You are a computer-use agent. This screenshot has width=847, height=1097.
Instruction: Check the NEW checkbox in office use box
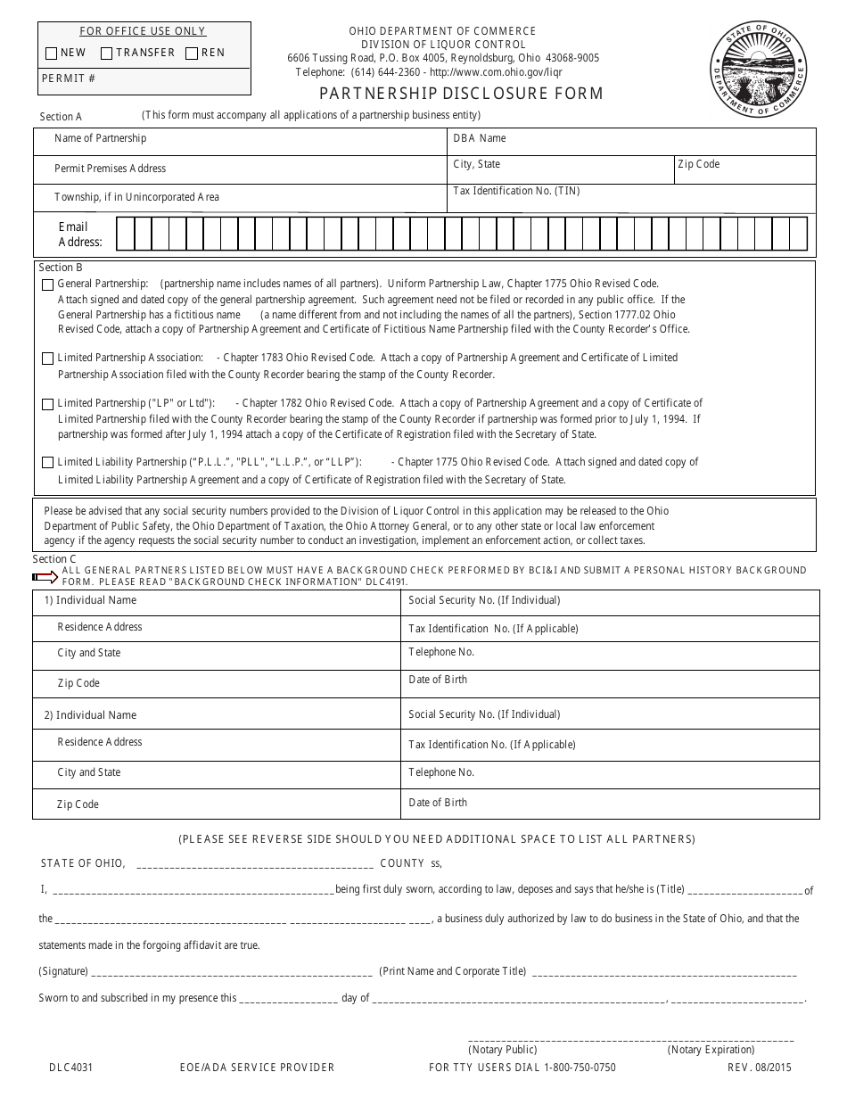coord(52,54)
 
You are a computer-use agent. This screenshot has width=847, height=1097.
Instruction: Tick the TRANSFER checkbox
coord(106,54)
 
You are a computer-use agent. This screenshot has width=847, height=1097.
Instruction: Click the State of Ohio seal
coord(758,68)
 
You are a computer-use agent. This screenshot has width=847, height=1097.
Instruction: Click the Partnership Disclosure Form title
coord(461,94)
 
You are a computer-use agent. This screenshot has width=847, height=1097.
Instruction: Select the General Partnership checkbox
coord(47,285)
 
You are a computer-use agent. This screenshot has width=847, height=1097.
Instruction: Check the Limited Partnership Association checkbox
coord(47,359)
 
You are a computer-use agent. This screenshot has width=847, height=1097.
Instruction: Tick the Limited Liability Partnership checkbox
coord(47,463)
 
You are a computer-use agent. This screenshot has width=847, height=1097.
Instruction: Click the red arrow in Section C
coord(45,577)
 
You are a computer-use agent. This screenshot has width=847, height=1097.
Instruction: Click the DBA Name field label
coord(479,138)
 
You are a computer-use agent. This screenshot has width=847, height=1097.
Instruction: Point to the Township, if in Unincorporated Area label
coord(136,197)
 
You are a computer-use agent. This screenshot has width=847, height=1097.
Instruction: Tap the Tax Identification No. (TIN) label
coord(516,191)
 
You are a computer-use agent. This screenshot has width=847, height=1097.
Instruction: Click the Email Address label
coord(80,235)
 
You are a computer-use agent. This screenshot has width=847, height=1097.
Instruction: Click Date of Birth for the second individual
coord(437,803)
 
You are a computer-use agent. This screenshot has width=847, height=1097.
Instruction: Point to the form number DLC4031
coord(70,1068)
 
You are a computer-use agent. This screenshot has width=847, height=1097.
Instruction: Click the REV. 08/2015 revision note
coord(759,1068)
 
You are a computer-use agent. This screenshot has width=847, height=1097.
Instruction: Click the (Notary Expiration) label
coord(711,1050)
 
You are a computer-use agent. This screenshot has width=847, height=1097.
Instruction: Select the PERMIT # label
coord(69,78)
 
